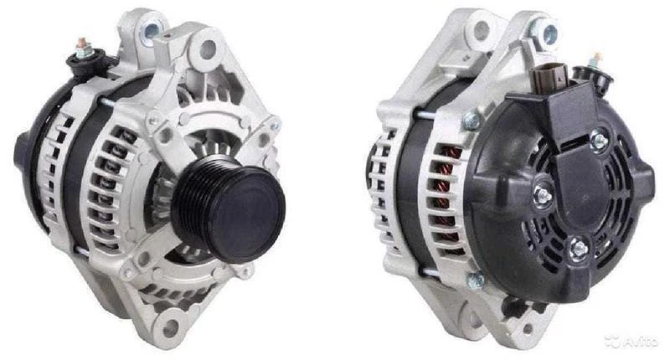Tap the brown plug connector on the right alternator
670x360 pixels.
pos(546,77)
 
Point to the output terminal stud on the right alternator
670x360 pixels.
pos(597,60)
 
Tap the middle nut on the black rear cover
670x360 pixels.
pos(544,194)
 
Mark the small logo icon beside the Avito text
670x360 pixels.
pos(611,341)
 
